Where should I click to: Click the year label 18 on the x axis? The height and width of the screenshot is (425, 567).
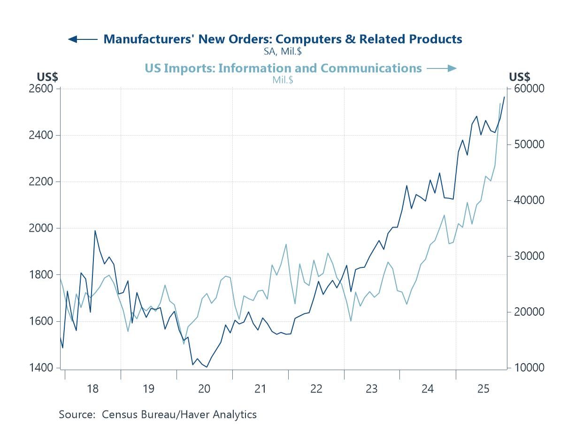[92, 388]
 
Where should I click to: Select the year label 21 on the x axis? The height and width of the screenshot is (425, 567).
[260, 388]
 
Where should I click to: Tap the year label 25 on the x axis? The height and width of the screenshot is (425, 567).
[483, 388]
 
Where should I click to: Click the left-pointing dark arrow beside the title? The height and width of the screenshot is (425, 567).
[82, 39]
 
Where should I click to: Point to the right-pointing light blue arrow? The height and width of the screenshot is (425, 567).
[442, 68]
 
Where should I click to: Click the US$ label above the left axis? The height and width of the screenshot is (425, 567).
[47, 77]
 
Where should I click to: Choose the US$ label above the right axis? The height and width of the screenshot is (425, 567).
[520, 77]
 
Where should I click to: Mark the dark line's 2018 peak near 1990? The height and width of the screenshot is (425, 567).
[95, 230]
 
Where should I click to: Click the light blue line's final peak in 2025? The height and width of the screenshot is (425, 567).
[500, 103]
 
